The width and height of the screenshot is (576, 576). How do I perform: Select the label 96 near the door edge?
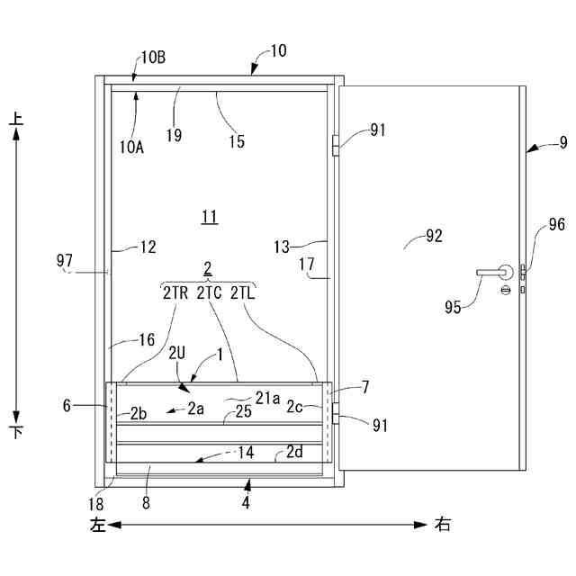557,225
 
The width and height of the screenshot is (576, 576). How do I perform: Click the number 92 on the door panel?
434,237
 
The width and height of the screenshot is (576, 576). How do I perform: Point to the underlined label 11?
209,216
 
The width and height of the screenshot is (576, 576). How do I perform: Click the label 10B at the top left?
153,58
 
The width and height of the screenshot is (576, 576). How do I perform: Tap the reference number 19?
174,136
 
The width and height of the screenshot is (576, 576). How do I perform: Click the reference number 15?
236,141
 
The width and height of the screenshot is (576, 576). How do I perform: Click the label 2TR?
175,292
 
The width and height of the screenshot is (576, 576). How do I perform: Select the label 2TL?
244,292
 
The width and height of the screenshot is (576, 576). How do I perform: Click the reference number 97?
64,261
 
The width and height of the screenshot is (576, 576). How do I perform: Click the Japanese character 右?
443,523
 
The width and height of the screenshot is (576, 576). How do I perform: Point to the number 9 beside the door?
563,141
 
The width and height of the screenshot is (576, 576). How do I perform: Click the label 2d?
294,451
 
